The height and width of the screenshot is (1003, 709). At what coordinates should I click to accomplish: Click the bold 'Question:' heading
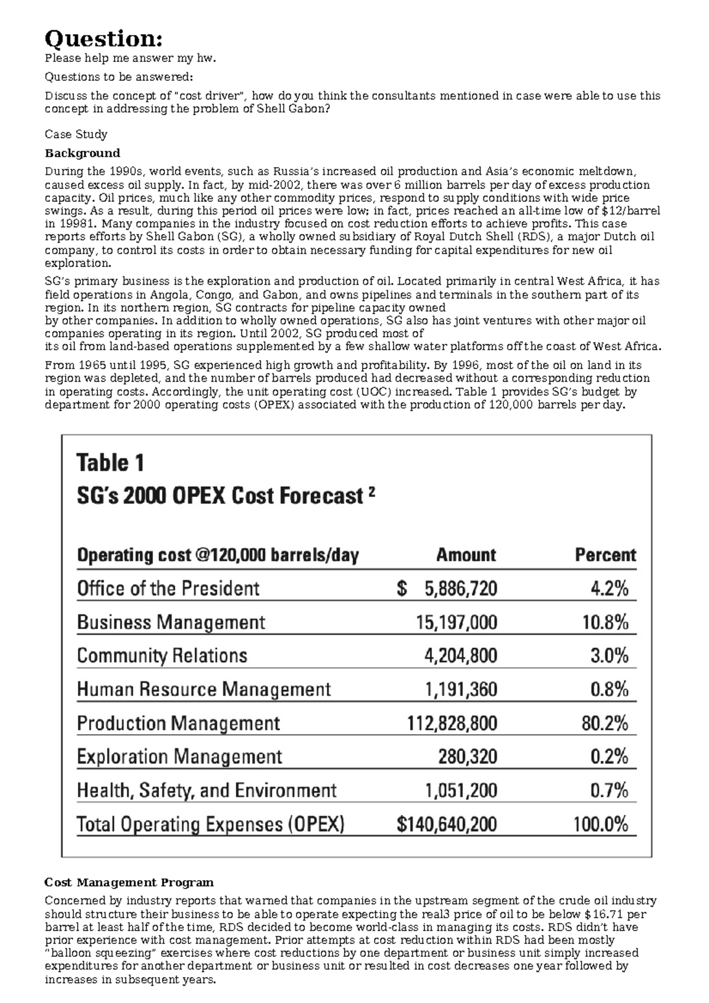point(103,39)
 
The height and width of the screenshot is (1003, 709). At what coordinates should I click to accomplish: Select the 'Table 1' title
point(110,463)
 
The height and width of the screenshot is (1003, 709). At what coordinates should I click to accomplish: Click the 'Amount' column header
point(466,555)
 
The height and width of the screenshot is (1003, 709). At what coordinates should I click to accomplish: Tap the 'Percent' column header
point(605,555)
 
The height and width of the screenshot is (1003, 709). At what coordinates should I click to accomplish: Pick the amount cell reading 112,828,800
point(452,723)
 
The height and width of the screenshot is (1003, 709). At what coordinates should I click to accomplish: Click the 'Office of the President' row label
point(168,588)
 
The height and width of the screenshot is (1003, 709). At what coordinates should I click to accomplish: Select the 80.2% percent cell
point(604,723)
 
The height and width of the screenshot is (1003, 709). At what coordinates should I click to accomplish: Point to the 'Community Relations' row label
point(162,656)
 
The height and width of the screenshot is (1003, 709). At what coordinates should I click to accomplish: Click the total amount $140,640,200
point(447,824)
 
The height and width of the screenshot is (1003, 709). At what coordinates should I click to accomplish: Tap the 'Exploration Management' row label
point(180,757)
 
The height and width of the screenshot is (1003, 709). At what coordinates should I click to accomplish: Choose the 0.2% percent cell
point(609,757)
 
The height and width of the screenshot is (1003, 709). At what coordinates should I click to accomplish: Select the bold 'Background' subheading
point(82,153)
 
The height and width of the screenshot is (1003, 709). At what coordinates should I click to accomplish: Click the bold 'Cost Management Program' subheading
point(129,882)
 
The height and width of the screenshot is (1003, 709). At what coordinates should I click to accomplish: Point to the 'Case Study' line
point(76,134)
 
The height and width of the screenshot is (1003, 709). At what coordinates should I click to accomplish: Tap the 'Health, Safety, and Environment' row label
point(207,790)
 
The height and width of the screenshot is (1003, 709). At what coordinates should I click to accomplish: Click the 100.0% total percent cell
point(600,824)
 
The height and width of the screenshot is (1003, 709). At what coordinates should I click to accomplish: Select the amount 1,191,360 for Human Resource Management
point(461,689)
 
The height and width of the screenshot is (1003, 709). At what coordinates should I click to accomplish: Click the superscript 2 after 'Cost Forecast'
point(372,491)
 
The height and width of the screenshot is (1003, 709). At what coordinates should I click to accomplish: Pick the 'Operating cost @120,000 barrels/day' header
point(218,555)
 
